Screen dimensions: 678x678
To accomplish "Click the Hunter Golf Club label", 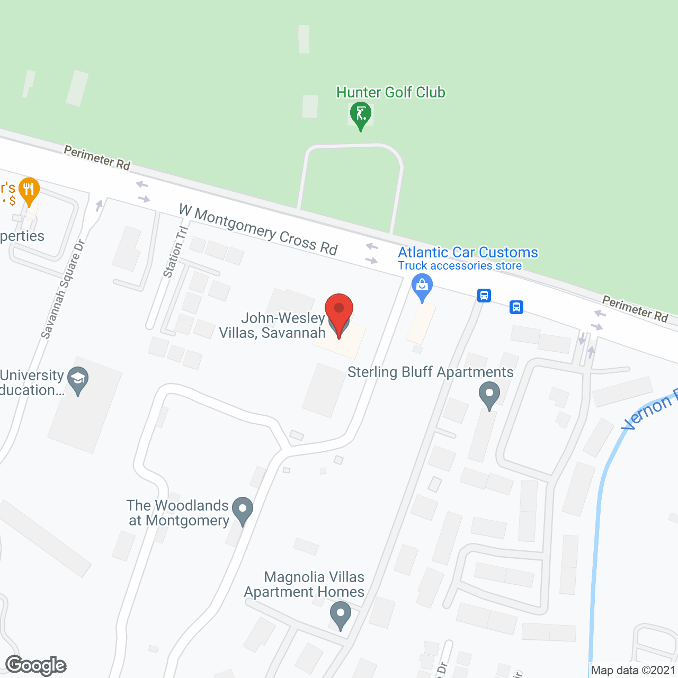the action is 391,92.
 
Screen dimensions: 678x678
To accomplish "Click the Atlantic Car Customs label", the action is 468,252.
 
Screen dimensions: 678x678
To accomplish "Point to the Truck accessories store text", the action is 460,266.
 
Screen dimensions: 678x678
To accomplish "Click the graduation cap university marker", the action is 78,380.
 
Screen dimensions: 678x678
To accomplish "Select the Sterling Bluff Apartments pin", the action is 489,395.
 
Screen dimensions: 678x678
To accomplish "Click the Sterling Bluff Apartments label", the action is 430,372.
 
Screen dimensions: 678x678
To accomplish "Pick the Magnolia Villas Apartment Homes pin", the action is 340,614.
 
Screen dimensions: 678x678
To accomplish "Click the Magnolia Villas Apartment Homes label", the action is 305,584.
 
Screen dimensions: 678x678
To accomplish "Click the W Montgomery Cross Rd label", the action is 258,230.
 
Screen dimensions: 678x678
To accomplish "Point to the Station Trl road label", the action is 175,252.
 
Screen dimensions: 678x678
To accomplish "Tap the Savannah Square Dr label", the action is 63,289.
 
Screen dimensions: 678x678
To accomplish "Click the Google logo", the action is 36,665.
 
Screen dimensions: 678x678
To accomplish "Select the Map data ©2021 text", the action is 633,670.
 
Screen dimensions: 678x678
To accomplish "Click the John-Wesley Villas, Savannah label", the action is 272,325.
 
